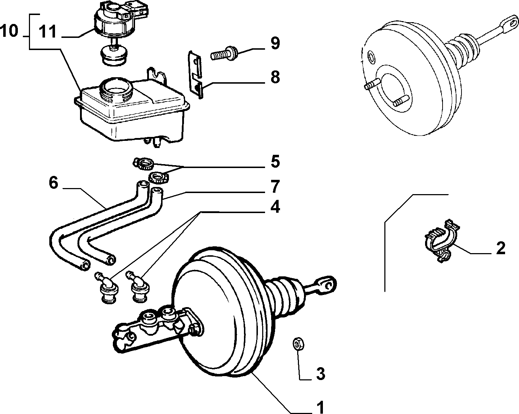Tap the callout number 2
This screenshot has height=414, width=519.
(x=501, y=248)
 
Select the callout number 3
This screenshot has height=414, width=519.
(x=320, y=374)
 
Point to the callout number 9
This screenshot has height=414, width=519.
(x=275, y=43)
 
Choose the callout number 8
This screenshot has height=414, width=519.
(x=275, y=77)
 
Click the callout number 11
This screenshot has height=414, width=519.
(x=48, y=31)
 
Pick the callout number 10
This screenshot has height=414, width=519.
(x=9, y=31)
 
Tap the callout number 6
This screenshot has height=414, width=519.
(x=54, y=183)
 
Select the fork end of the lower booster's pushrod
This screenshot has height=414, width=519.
(x=326, y=285)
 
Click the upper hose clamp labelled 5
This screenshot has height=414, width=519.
(x=144, y=163)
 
